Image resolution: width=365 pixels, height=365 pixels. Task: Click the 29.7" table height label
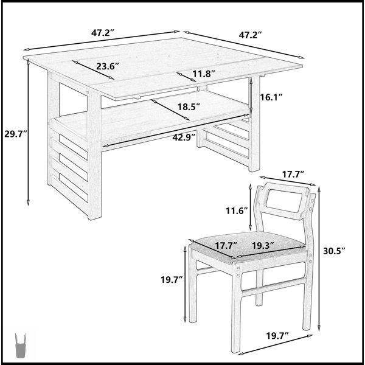click(16, 134)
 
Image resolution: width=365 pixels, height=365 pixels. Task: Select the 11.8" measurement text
click(203, 74)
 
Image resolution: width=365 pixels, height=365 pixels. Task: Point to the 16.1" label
click(271, 97)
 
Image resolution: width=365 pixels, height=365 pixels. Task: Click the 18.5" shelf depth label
click(189, 107)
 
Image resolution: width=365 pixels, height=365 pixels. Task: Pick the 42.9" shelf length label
click(184, 137)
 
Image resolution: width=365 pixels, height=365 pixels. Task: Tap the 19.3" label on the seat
click(263, 246)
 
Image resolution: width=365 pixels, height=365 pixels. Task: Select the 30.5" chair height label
click(334, 251)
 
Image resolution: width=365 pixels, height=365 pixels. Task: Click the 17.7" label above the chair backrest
click(293, 174)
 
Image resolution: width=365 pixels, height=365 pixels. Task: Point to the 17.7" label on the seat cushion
click(226, 246)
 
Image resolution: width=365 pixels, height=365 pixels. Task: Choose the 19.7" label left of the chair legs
click(172, 279)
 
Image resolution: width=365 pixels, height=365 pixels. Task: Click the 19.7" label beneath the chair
click(277, 336)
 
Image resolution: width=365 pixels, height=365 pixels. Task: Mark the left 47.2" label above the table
click(103, 33)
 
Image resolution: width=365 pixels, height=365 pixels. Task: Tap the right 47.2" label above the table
click(251, 35)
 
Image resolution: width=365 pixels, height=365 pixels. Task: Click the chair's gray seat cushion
click(249, 247)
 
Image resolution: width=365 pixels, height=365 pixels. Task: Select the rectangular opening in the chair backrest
click(283, 201)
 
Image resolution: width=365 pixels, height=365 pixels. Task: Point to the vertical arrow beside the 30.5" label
click(319, 258)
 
